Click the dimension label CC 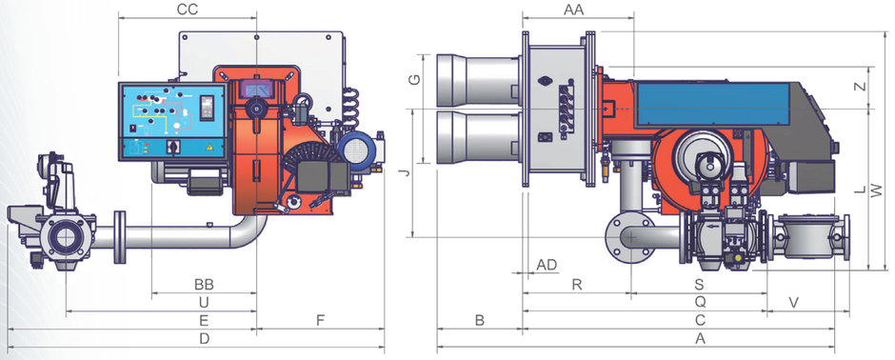[188, 10]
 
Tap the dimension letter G [414, 80]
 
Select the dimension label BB [204, 285]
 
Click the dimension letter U [204, 302]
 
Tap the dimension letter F [321, 320]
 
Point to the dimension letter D [204, 338]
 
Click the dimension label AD [547, 264]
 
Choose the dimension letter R [576, 285]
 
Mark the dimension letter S [699, 285]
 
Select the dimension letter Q [699, 302]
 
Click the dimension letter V [794, 302]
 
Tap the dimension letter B [480, 320]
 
